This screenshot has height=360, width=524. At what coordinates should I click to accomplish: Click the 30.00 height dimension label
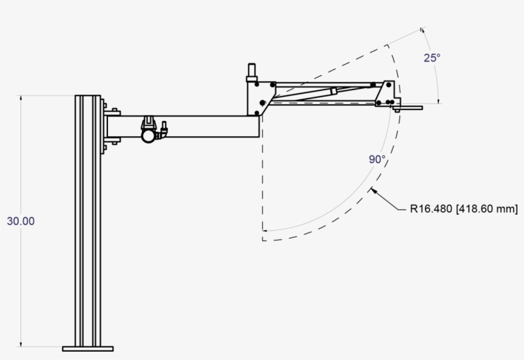[x=21, y=221]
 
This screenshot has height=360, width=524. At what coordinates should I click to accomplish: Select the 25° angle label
[x=432, y=58]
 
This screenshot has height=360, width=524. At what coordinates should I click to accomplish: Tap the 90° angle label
[x=377, y=160]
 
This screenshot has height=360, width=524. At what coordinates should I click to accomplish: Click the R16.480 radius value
[x=431, y=208]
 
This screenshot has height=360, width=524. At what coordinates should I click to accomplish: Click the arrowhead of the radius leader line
[x=374, y=190]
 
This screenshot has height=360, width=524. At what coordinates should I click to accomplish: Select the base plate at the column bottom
[x=88, y=348]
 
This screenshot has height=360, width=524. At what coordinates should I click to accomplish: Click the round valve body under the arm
[x=149, y=135]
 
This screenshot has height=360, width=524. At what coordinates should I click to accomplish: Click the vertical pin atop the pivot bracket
[x=251, y=71]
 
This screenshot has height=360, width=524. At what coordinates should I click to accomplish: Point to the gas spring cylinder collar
[x=333, y=91]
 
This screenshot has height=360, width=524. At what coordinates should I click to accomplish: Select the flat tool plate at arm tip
[x=409, y=108]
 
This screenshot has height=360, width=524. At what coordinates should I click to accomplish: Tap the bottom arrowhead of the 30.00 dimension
[x=22, y=347]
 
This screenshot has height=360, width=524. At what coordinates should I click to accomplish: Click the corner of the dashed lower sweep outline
[x=263, y=240]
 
